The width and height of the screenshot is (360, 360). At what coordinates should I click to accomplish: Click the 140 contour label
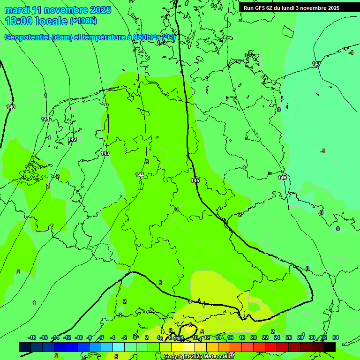(x=11, y=107)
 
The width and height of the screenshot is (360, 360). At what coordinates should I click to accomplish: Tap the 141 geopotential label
(x=45, y=119)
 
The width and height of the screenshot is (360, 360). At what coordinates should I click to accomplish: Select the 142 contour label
(x=72, y=140)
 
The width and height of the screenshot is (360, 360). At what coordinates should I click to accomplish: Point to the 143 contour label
(x=105, y=153)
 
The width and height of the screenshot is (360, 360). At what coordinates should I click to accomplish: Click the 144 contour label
(x=140, y=175)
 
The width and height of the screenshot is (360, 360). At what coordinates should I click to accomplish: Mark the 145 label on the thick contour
(x=195, y=180)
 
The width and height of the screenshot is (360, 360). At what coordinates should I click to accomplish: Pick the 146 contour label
(x=282, y=178)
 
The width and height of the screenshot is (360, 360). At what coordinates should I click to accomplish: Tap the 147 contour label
(x=316, y=64)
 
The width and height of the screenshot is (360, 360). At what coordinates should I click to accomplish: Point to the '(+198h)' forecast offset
(x=83, y=21)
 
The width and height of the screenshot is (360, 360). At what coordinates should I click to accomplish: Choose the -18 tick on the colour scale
(x=32, y=337)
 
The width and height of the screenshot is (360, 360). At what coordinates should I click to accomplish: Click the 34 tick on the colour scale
(x=336, y=337)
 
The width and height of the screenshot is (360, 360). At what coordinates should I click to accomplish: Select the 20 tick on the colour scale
(x=253, y=337)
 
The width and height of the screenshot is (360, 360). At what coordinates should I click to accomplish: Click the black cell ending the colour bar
(x=330, y=347)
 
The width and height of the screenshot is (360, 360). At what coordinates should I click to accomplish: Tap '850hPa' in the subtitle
(x=144, y=37)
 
